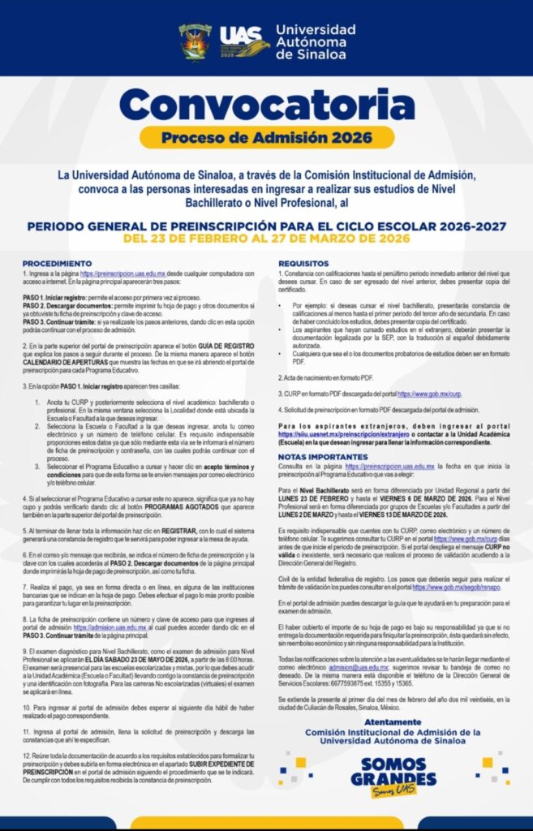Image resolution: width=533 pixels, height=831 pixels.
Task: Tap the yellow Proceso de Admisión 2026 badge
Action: coord(266,137)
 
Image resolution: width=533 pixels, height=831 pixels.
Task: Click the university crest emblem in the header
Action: coord(196,41)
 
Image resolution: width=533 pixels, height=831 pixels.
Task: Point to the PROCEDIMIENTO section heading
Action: coord(58,264)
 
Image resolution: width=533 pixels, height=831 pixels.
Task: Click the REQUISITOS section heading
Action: coord(303,264)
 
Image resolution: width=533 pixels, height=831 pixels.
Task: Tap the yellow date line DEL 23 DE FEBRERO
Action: coord(266,239)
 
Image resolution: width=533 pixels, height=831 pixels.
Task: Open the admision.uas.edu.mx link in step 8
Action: coord(110,626)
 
